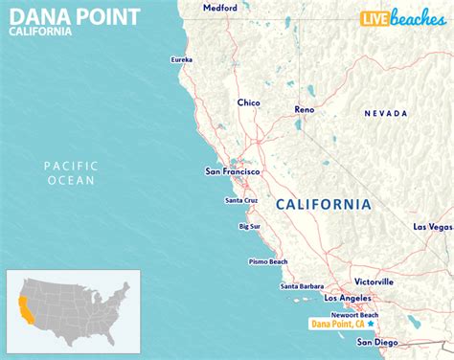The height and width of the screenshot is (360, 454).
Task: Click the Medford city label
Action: (219, 8)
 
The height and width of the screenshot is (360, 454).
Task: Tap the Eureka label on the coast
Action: (181, 60)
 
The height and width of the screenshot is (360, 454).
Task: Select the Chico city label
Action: (248, 101)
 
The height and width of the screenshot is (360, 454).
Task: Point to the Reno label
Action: (304, 110)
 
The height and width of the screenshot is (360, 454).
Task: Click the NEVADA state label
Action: (386, 114)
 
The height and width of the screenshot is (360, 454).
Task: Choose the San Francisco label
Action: (233, 172)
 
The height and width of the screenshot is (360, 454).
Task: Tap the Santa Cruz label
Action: (240, 200)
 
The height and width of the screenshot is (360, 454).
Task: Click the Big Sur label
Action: (249, 227)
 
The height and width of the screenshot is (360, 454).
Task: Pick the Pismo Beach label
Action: (268, 261)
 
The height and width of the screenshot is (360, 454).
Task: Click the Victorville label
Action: (374, 282)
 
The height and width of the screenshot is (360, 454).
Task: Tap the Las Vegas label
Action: (432, 227)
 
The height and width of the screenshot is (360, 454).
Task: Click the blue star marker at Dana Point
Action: (370, 324)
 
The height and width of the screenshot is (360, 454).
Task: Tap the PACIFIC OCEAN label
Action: (71, 173)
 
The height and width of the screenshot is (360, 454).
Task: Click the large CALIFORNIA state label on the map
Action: (323, 204)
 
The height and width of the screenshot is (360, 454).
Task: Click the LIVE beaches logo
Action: (402, 18)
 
